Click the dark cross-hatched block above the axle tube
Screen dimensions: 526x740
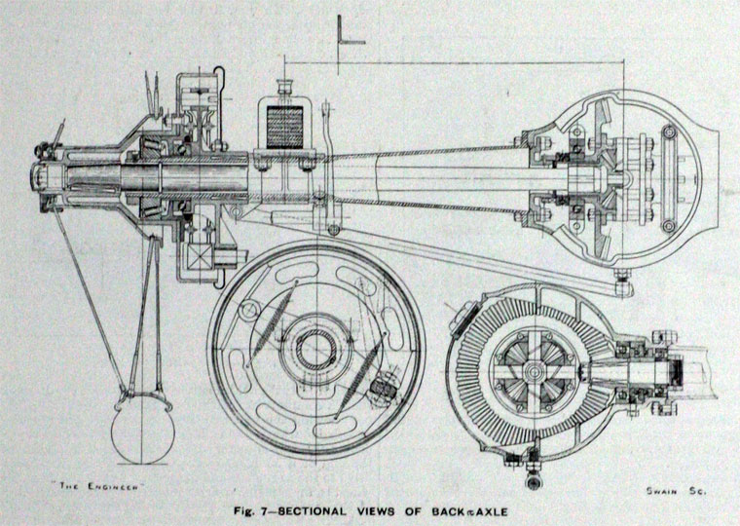coord(282,127)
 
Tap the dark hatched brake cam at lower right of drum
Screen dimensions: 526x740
coord(382,391)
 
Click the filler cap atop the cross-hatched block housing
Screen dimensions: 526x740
coord(284,85)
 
